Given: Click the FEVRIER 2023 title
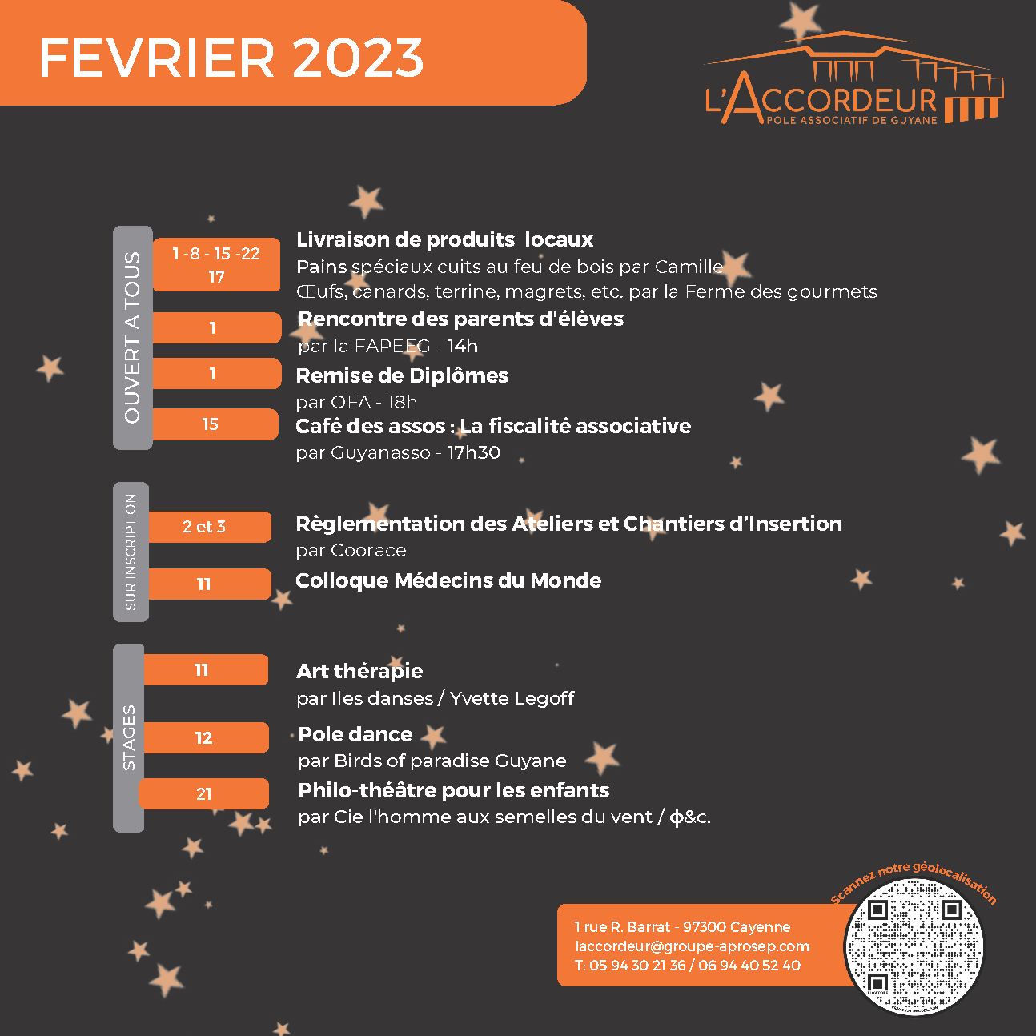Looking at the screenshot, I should pos(231,58).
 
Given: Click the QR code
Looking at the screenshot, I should pos(914,947).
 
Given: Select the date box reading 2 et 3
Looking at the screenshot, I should pos(209,527).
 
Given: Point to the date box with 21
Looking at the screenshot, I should pos(204,794).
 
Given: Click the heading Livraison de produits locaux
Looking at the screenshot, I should pos(444,239).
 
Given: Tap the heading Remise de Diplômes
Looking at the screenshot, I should pos(402,375).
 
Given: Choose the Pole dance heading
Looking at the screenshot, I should pos(355,734).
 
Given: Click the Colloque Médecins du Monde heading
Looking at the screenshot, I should pos(448,580).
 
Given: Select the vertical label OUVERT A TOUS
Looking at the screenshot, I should pos(132,337).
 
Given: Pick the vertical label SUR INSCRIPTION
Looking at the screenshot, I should pos(131,552).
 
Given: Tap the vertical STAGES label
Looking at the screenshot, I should pos(129,737).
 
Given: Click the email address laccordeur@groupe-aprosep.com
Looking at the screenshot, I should pos(693,946).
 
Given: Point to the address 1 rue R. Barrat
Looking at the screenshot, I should pos(682,927).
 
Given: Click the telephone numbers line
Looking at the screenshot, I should pos(687,966).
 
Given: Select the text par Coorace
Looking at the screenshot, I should pos(351,551).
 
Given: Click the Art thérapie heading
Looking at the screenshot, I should pos(359,671).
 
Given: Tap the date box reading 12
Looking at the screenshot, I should pos(205,738).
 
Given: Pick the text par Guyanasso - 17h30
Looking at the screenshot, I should pos(398,453).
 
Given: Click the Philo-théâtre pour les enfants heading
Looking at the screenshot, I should pos(453,790).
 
